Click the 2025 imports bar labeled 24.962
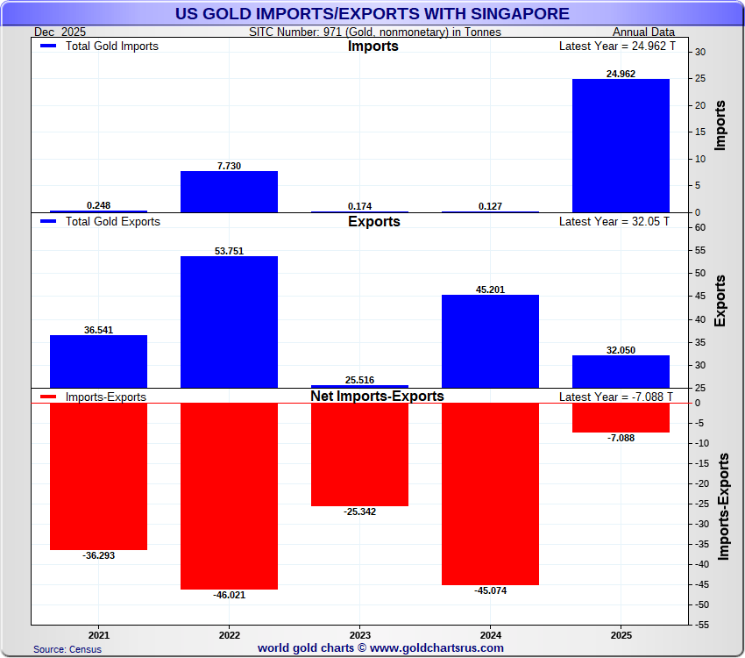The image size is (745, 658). (x=621, y=146)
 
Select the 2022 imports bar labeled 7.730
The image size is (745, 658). (x=229, y=191)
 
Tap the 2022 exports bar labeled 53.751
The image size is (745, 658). (x=229, y=321)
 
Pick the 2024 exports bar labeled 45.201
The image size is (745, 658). (x=490, y=340)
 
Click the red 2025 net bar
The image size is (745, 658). (x=621, y=418)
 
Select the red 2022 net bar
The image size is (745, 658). (x=229, y=496)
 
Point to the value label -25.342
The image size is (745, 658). (x=359, y=511)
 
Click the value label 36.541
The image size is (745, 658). (x=98, y=330)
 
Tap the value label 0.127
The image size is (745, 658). (x=490, y=206)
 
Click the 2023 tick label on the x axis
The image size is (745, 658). (x=359, y=634)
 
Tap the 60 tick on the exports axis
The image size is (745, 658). (x=701, y=227)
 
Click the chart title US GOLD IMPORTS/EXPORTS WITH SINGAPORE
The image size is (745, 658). (x=372, y=14)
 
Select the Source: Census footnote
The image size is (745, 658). (x=67, y=649)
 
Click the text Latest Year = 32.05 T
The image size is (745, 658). (x=614, y=222)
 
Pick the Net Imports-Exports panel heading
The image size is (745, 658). (x=377, y=397)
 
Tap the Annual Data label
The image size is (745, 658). (x=643, y=32)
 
